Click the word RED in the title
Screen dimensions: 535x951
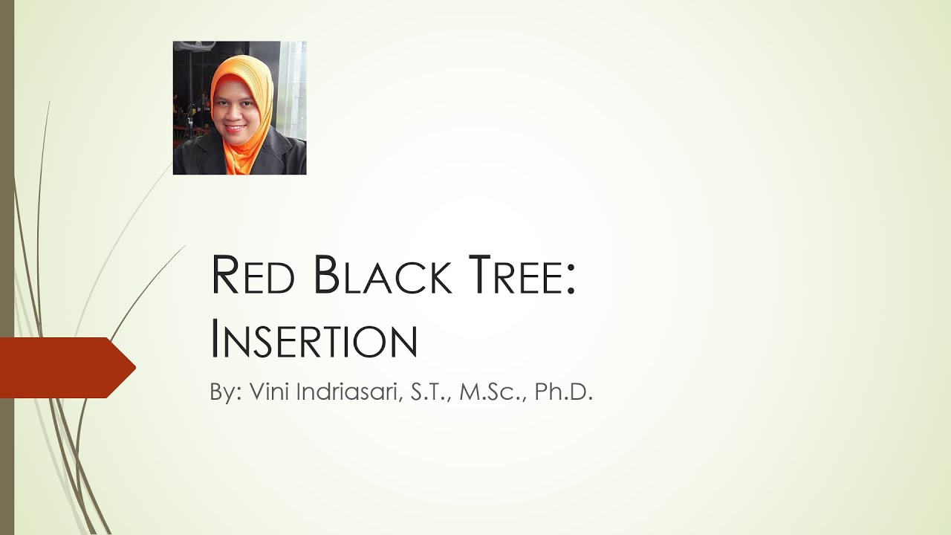coord(253,276)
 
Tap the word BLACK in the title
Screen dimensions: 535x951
coord(382,276)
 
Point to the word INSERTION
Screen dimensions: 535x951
coord(314,340)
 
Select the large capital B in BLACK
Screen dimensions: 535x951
coord(328,274)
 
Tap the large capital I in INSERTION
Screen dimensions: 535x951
coord(215,340)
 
